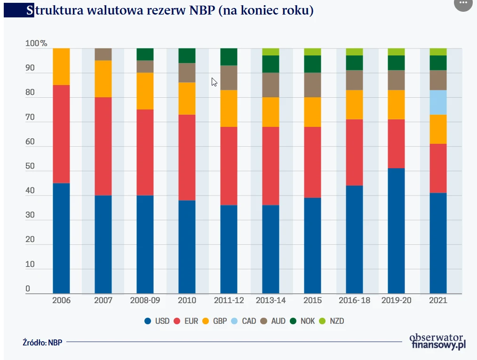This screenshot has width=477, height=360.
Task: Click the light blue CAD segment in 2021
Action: (438, 102)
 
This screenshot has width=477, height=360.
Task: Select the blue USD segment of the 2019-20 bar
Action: (396, 230)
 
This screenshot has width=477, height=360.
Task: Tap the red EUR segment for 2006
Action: (61, 134)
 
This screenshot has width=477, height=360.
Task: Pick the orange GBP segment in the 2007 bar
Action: (103, 79)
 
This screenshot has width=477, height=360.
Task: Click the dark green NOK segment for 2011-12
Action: (229, 56)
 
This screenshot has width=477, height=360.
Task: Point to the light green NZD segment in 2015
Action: (312, 52)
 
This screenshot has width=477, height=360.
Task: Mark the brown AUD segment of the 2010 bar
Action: (187, 73)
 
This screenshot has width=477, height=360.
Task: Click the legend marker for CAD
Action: (235, 321)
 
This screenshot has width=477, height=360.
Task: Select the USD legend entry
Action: (157, 321)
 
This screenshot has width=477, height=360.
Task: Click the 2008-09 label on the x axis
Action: (145, 300)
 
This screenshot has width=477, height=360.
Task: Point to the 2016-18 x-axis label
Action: (354, 300)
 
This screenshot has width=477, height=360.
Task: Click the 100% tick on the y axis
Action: (36, 44)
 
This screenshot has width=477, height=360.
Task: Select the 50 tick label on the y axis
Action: (30, 166)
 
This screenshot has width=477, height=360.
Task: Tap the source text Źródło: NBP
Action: (42, 342)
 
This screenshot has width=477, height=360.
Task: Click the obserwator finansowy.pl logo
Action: (437, 341)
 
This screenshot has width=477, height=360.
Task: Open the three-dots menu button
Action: (463, 3)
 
